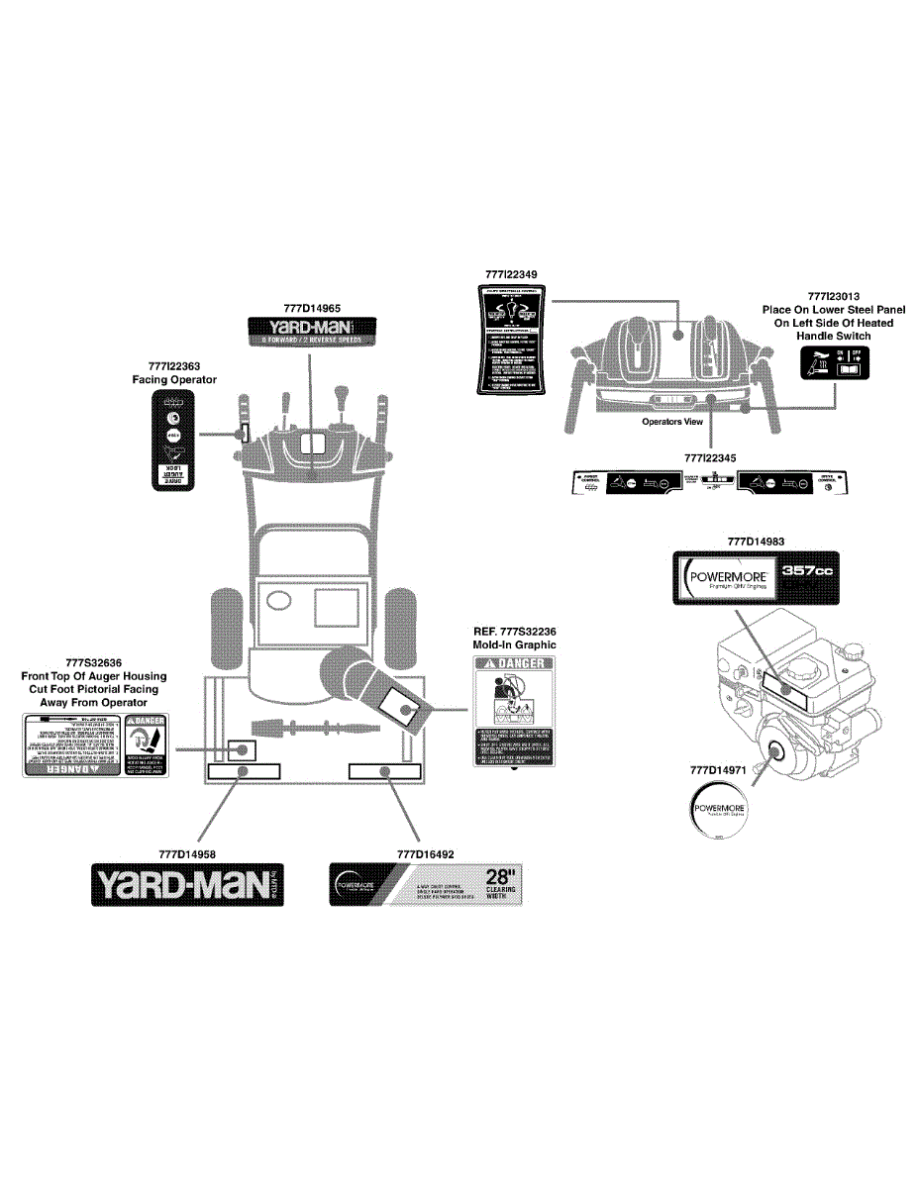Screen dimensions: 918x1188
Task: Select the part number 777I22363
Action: tap(174, 366)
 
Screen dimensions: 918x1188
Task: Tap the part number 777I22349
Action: tap(512, 272)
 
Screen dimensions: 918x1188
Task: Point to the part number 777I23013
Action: tap(834, 295)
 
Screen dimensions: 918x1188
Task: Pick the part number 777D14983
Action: tap(756, 542)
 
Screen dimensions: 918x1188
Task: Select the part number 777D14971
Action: tap(718, 768)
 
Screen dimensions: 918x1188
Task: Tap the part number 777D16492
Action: tap(425, 853)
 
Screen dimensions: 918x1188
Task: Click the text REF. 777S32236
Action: tap(515, 631)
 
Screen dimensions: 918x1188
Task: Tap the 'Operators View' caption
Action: tap(672, 422)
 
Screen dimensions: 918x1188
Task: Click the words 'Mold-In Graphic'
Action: tap(515, 644)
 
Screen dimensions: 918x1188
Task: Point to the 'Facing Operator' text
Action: tap(174, 379)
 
